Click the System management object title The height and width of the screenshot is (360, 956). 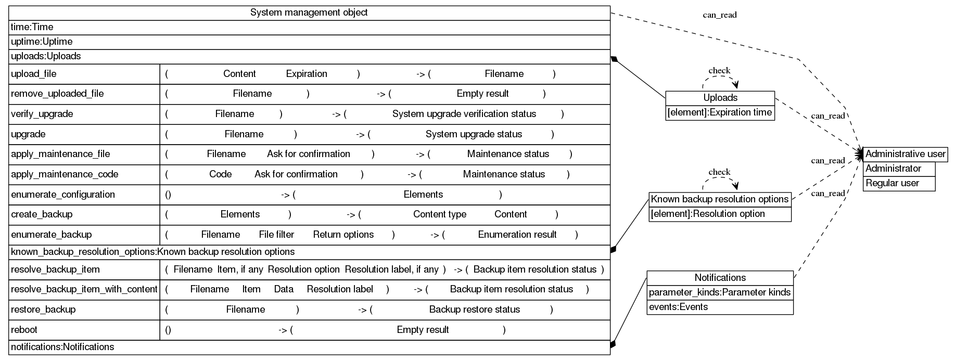(x=309, y=12)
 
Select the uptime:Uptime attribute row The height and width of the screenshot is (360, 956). (x=42, y=42)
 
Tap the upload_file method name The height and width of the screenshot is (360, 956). (x=34, y=74)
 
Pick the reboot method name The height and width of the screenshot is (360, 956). (x=24, y=330)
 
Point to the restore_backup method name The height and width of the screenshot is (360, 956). (x=43, y=310)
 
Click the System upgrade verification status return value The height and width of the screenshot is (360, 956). (x=464, y=114)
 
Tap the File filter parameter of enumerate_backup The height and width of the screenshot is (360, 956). (x=276, y=235)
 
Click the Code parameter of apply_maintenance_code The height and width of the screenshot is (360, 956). (x=220, y=174)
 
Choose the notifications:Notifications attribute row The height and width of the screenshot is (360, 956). (x=62, y=347)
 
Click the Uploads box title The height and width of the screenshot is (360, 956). (x=720, y=98)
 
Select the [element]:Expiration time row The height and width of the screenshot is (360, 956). (x=720, y=112)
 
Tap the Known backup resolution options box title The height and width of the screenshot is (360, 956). (x=720, y=199)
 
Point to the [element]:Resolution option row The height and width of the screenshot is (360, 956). (x=708, y=214)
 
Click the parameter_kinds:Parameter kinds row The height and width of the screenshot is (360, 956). (x=720, y=292)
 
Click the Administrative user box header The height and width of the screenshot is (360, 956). (x=905, y=154)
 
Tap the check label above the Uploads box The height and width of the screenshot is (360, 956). (x=719, y=71)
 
